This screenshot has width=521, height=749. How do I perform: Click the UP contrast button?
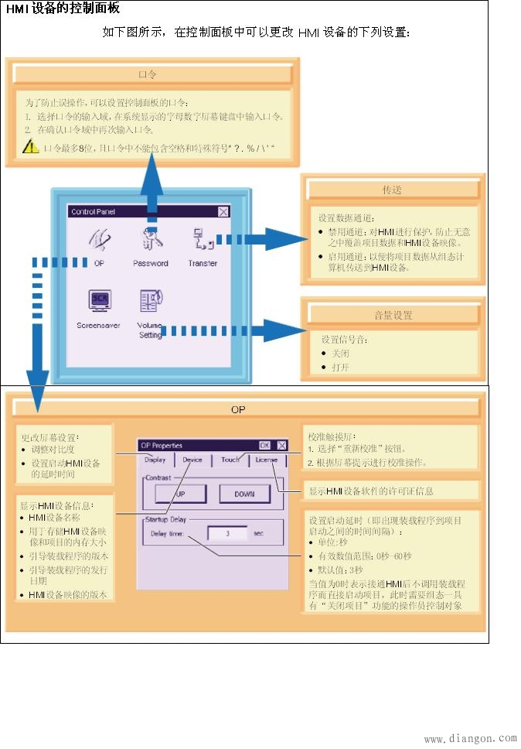pos(179,494)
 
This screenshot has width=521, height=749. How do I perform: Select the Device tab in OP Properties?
pos(192,460)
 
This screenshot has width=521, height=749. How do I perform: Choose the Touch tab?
pos(230,460)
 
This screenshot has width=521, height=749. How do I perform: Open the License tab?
pos(266,460)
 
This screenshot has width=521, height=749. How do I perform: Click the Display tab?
pos(155,460)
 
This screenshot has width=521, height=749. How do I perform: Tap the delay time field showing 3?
pos(227,533)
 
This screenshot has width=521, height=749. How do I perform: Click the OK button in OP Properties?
pos(264,445)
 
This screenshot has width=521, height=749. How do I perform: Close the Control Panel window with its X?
pos(223,211)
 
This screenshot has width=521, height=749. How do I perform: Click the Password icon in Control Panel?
pos(149,240)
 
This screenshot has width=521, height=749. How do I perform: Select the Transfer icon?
pos(201,240)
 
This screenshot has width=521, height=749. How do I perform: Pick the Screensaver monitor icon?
pos(98,300)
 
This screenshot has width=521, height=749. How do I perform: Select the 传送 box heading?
pos(392,190)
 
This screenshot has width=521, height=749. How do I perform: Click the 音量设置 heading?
pos(392,315)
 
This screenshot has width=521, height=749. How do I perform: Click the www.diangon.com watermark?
pos(470,739)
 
